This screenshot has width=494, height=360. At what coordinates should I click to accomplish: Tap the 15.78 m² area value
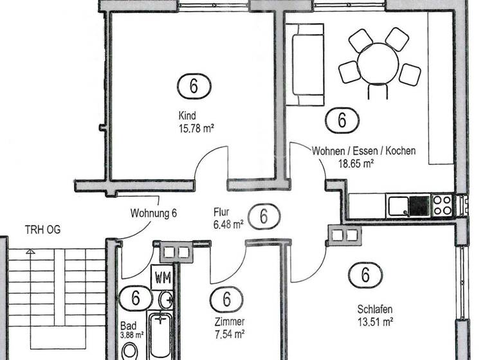click(x=196, y=128)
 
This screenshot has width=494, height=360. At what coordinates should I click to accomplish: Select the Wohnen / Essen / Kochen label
click(x=363, y=151)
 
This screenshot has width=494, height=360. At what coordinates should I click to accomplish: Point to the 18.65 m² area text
click(x=356, y=163)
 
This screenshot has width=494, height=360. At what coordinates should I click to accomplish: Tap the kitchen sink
click(x=399, y=206)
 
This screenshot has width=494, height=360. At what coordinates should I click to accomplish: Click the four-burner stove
click(x=443, y=205)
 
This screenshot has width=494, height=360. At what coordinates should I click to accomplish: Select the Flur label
click(x=221, y=212)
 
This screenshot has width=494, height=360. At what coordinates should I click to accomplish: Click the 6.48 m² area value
click(x=228, y=224)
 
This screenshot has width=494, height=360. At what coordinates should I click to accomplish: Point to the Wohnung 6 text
click(x=153, y=213)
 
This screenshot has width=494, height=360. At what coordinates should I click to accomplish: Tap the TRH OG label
click(x=42, y=230)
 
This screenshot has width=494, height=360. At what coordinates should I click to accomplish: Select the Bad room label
click(x=128, y=325)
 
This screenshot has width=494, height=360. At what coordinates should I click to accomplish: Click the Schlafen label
click(x=375, y=309)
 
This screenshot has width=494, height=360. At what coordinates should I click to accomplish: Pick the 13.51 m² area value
click(x=375, y=321)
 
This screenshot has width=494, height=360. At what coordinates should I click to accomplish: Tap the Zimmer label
click(x=230, y=321)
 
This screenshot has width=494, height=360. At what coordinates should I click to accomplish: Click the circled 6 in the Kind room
click(x=193, y=85)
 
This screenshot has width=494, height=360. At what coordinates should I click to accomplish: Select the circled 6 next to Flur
click(x=264, y=217)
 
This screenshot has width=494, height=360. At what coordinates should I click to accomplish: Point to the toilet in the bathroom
click(x=131, y=350)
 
